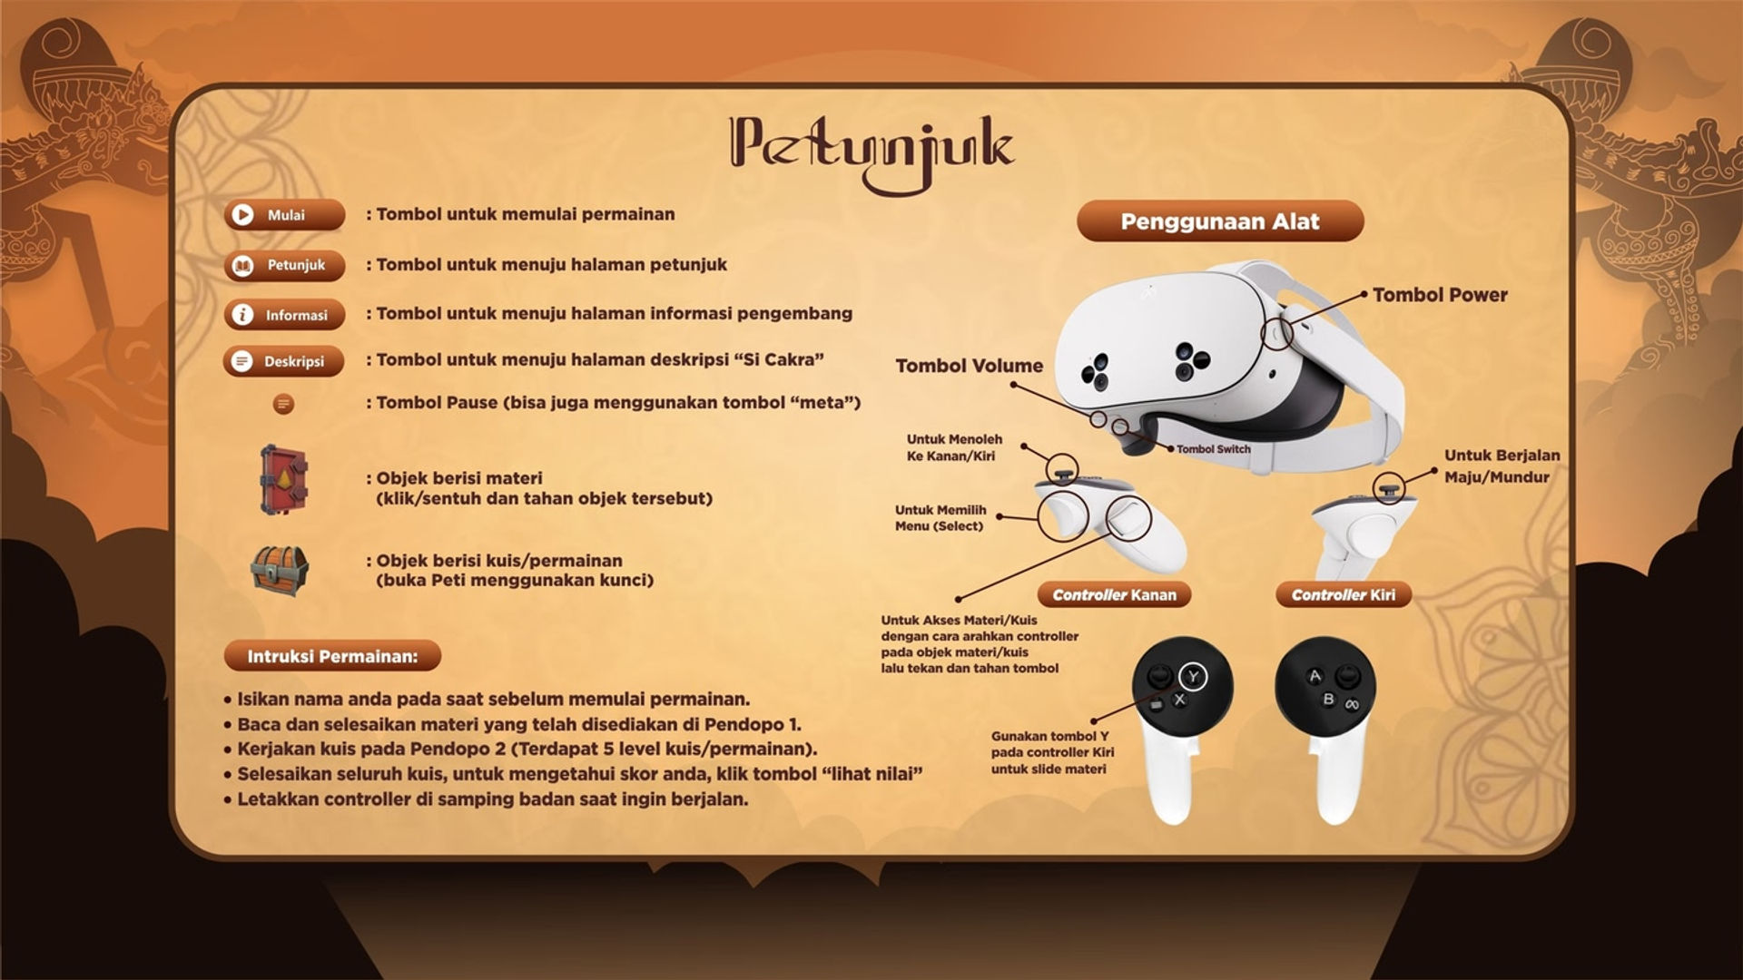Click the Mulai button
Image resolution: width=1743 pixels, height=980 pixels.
click(x=284, y=215)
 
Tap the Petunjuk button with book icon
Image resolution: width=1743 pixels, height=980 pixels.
click(x=284, y=266)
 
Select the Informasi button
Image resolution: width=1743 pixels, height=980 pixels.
click(x=284, y=315)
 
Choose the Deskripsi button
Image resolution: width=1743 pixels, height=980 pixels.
click(x=284, y=361)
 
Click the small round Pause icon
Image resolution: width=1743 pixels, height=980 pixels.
click(x=283, y=404)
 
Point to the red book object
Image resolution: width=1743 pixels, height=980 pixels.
click(x=283, y=480)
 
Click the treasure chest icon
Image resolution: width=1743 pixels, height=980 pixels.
click(x=280, y=569)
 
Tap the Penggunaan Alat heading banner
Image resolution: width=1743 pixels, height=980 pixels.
click(x=1220, y=222)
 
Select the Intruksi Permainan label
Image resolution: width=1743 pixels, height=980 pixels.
click(x=332, y=656)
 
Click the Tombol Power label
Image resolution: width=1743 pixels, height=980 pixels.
click(x=1440, y=295)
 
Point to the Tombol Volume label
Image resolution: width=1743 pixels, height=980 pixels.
click(x=970, y=366)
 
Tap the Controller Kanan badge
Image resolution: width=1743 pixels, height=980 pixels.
click(x=1114, y=595)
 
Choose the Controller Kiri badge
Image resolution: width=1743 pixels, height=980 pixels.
click(x=1344, y=595)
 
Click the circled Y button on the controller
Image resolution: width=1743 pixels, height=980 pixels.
click(x=1193, y=676)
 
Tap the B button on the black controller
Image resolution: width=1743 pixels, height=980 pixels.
click(x=1328, y=700)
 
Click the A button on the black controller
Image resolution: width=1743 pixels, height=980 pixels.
click(x=1314, y=676)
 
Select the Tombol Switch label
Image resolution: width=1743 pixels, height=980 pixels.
click(x=1214, y=449)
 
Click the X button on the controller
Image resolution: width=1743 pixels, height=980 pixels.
click(x=1179, y=700)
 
